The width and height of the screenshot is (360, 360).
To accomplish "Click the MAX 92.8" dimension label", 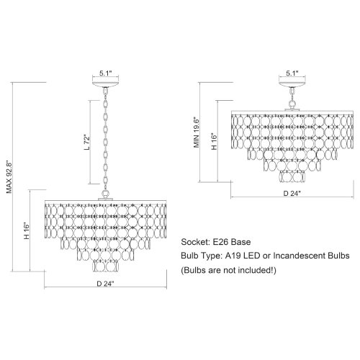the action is pos(9,177).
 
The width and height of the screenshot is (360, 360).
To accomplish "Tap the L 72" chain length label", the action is pos(87,143).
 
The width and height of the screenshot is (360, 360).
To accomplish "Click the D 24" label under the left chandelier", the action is pos(105,284).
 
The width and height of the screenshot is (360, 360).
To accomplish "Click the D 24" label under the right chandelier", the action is pos(292,193).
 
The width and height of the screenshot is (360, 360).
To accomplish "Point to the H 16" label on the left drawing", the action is pos(27,231).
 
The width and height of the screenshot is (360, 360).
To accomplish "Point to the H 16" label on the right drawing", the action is pos(214,141).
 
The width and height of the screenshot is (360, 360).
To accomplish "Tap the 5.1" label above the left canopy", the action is pos(106,73).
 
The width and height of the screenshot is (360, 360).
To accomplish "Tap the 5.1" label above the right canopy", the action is pos(292,73).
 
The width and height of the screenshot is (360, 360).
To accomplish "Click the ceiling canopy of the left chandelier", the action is pos(106,85).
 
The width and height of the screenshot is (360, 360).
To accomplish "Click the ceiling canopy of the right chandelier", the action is pos(292,85).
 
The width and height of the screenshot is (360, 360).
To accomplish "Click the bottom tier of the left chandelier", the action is pos(106,266).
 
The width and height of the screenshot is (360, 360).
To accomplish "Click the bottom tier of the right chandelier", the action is pos(293,177).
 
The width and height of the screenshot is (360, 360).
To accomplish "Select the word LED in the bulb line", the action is pos(252,256).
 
